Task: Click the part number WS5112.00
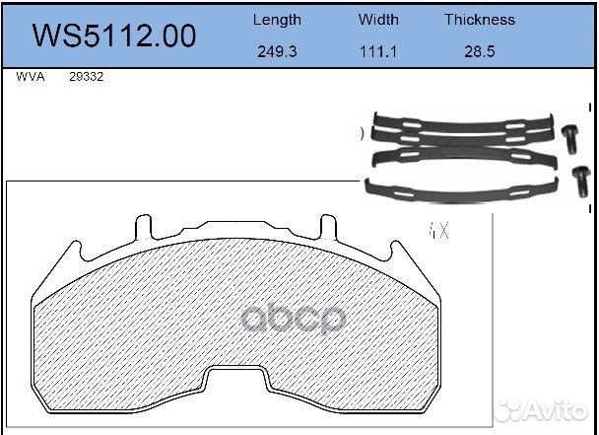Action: pyautogui.click(x=114, y=36)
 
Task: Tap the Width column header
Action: pyautogui.click(x=378, y=19)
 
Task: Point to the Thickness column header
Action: pyautogui.click(x=479, y=19)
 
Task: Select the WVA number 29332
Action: pyautogui.click(x=87, y=76)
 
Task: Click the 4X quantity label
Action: pyautogui.click(x=438, y=233)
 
